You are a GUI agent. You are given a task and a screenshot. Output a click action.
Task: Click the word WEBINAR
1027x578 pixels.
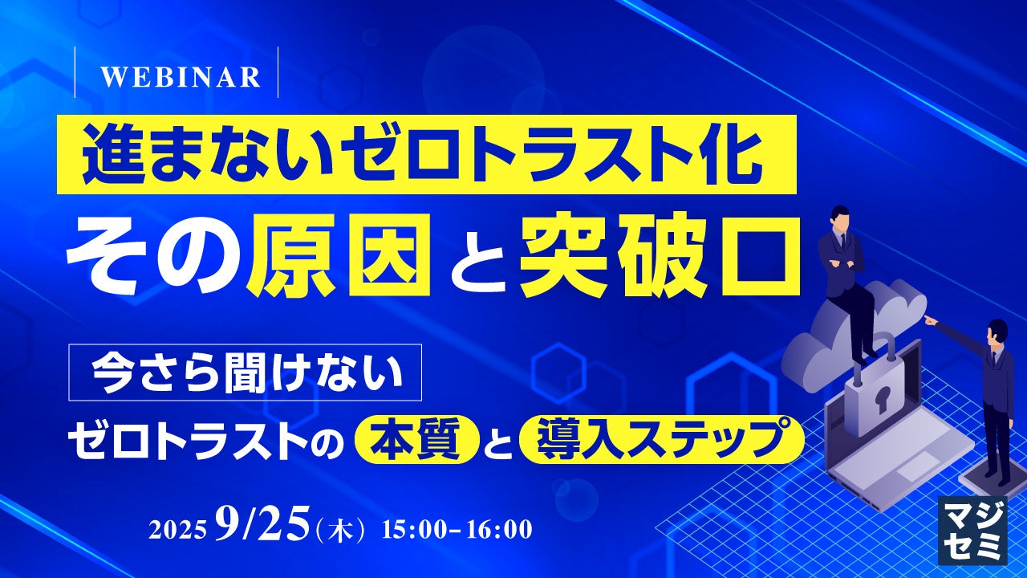tap(181, 77)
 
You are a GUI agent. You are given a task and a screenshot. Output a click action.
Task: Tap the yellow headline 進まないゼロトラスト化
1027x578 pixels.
tap(426, 155)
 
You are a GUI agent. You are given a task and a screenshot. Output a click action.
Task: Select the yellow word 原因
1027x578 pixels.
tap(339, 255)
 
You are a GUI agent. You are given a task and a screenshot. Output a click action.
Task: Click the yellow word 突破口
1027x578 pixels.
tap(660, 255)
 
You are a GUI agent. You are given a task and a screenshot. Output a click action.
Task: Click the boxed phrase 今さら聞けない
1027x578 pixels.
tap(246, 372)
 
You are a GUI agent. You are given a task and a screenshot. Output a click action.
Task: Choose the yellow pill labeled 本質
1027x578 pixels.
tap(416, 439)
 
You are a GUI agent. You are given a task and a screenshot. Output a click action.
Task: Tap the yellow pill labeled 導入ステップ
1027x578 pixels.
tap(661, 439)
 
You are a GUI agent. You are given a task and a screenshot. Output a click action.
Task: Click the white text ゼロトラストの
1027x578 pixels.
tap(206, 439)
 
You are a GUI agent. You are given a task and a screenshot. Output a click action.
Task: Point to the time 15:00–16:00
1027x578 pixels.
tap(457, 529)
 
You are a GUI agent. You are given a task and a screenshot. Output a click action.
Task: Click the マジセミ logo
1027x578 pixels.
tap(972, 530)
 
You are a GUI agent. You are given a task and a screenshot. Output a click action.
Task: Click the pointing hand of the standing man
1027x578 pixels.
tap(931, 320)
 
